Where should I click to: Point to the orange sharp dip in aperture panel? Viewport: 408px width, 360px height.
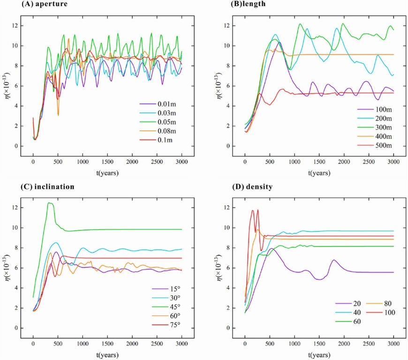(x=58, y=115)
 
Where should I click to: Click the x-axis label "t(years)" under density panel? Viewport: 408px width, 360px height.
(x=319, y=355)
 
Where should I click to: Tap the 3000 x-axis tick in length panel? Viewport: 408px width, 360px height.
(x=393, y=162)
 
